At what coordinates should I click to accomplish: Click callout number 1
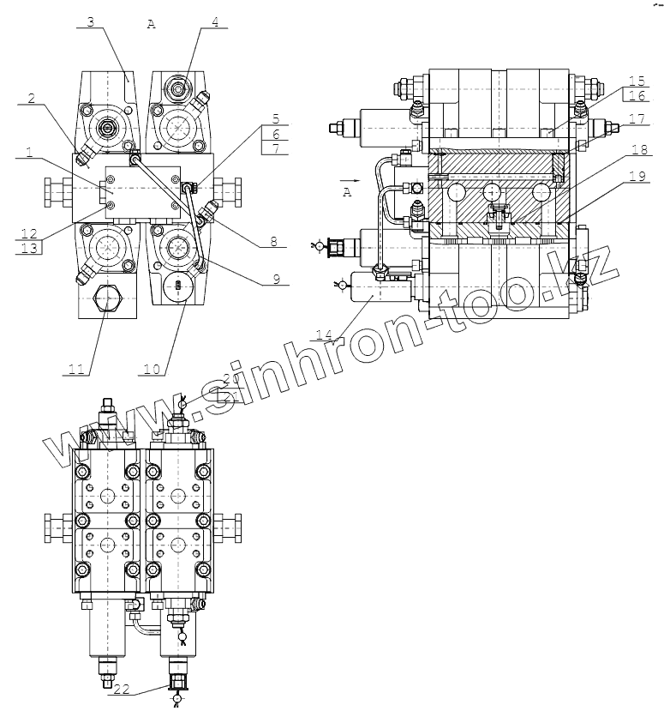[x=29, y=153]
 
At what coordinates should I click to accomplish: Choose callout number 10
[x=152, y=370]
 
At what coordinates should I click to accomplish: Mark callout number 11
[x=76, y=370]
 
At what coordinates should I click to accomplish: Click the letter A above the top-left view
[x=151, y=25]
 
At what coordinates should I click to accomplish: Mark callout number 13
[x=29, y=249]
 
